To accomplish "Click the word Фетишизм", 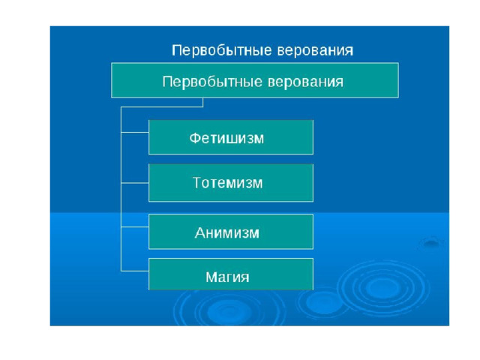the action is [226, 138].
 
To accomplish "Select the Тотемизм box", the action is [231, 183].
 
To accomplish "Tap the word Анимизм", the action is [226, 232].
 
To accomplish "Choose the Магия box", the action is [231, 274].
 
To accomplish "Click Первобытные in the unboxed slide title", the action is [222, 50].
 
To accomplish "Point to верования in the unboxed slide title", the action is [315, 50].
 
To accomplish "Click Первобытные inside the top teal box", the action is [212, 82].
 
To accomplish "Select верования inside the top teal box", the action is [305, 82].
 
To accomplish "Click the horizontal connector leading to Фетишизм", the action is [135, 133].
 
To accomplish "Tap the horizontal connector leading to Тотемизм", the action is [135, 183].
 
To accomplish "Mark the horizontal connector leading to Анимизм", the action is [135, 227].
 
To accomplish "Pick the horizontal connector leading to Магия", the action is [135, 271].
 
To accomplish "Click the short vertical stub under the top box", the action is [202, 103].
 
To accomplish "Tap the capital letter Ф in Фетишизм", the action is [194, 138].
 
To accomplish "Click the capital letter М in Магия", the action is [211, 277].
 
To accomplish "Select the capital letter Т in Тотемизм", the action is [197, 182].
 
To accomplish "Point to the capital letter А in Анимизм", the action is [200, 232].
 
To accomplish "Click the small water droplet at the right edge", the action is [431, 243].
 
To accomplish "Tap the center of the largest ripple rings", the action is [383, 287].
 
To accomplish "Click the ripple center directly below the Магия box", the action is [227, 311].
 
